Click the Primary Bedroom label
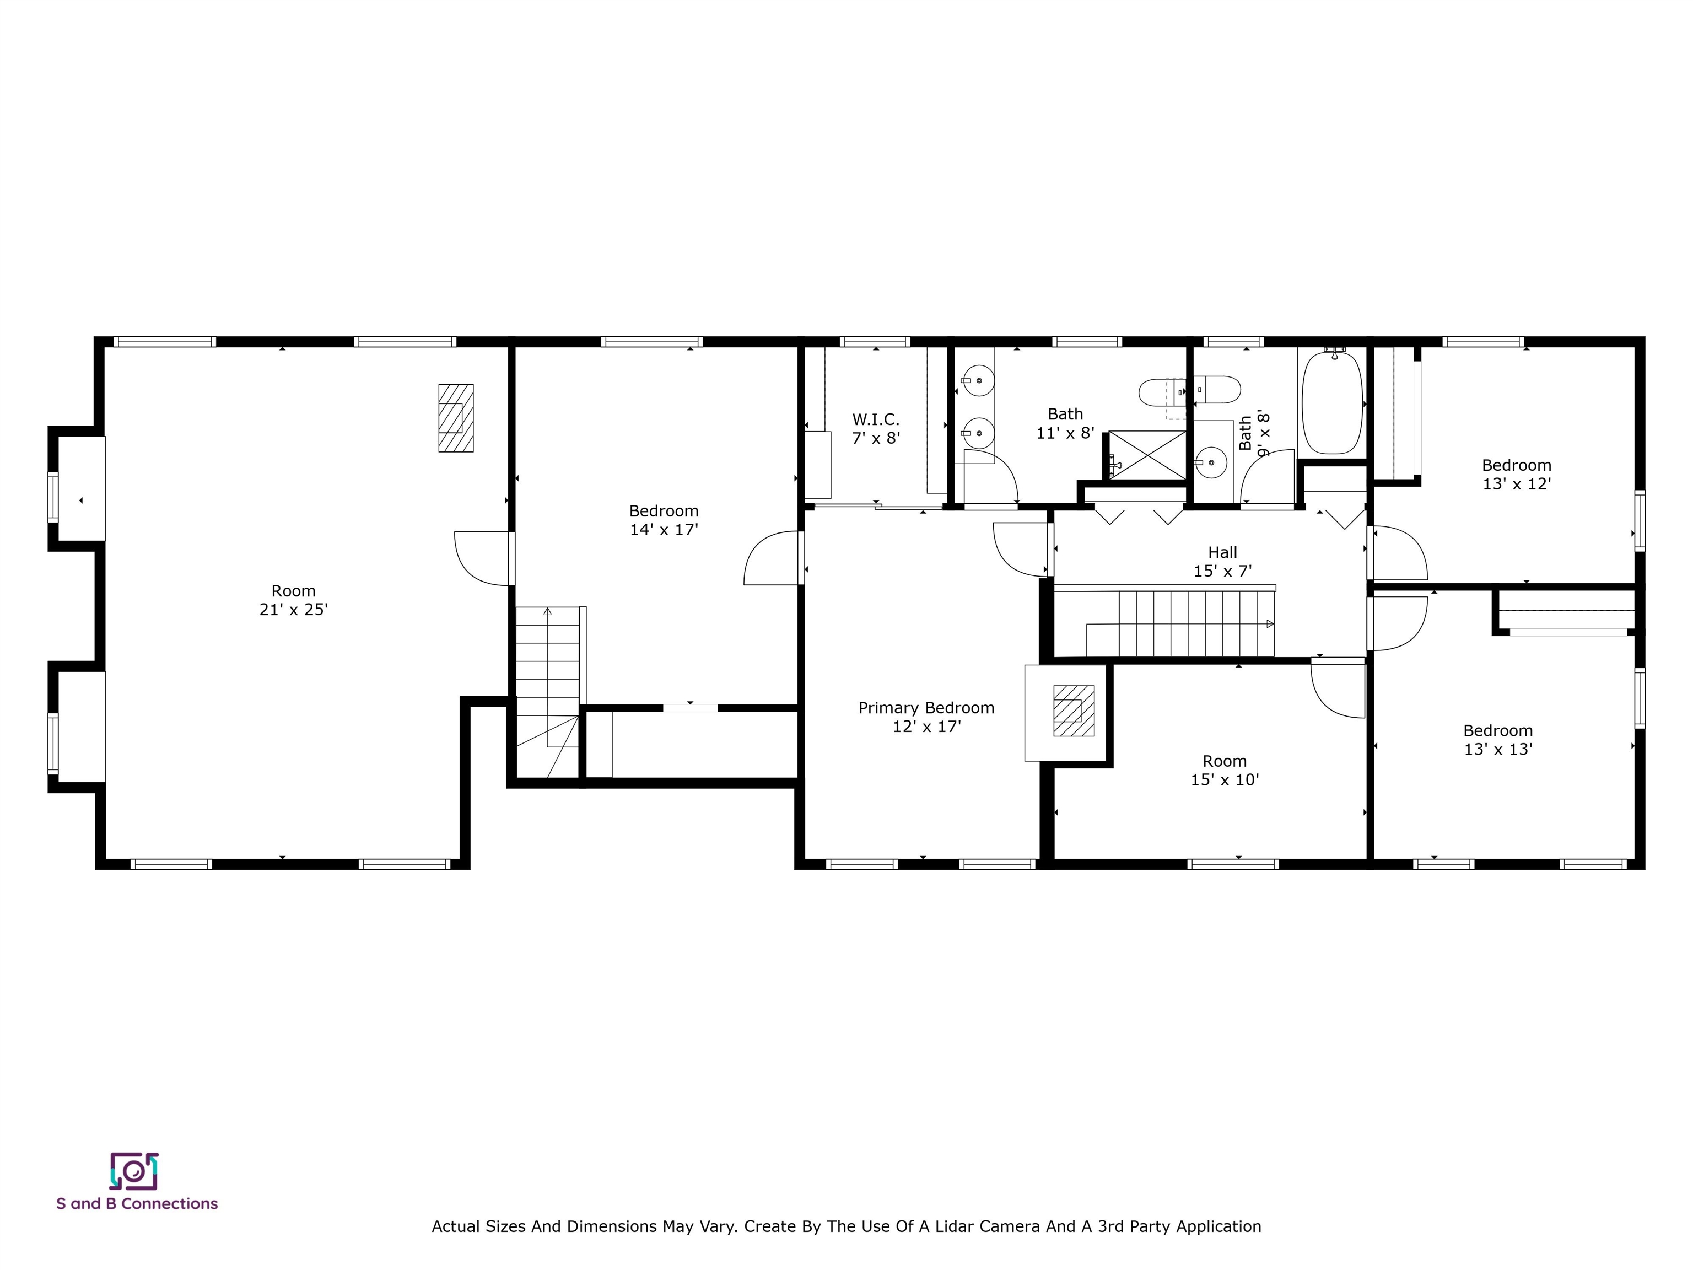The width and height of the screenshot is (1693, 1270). tap(926, 708)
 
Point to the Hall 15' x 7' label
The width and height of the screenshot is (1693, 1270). tap(1222, 561)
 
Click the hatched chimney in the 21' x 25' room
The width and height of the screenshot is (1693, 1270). tap(455, 418)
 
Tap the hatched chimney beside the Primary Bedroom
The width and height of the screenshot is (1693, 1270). tap(1073, 711)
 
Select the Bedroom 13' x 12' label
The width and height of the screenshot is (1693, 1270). tap(1516, 474)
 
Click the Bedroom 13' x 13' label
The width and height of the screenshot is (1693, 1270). tap(1498, 740)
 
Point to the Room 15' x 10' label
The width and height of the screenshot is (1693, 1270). tap(1225, 770)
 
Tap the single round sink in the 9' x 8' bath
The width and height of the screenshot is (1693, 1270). tap(1211, 462)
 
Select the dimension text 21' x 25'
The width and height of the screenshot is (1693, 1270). tap(293, 609)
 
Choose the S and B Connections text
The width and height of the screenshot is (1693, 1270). tap(137, 1203)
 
